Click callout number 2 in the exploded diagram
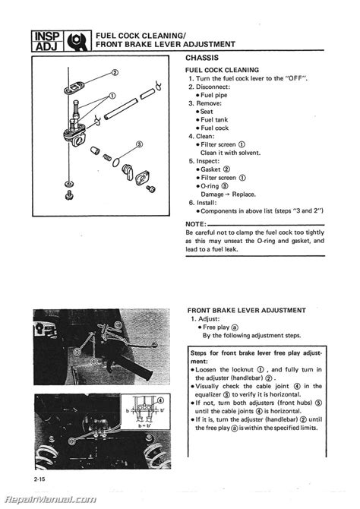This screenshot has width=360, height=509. pos(115,73)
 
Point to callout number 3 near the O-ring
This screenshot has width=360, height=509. pos(139,144)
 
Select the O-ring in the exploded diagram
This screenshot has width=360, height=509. pos(113,160)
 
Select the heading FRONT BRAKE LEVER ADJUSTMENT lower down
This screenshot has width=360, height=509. pos(247,310)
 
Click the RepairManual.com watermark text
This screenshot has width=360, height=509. pos(49,499)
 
